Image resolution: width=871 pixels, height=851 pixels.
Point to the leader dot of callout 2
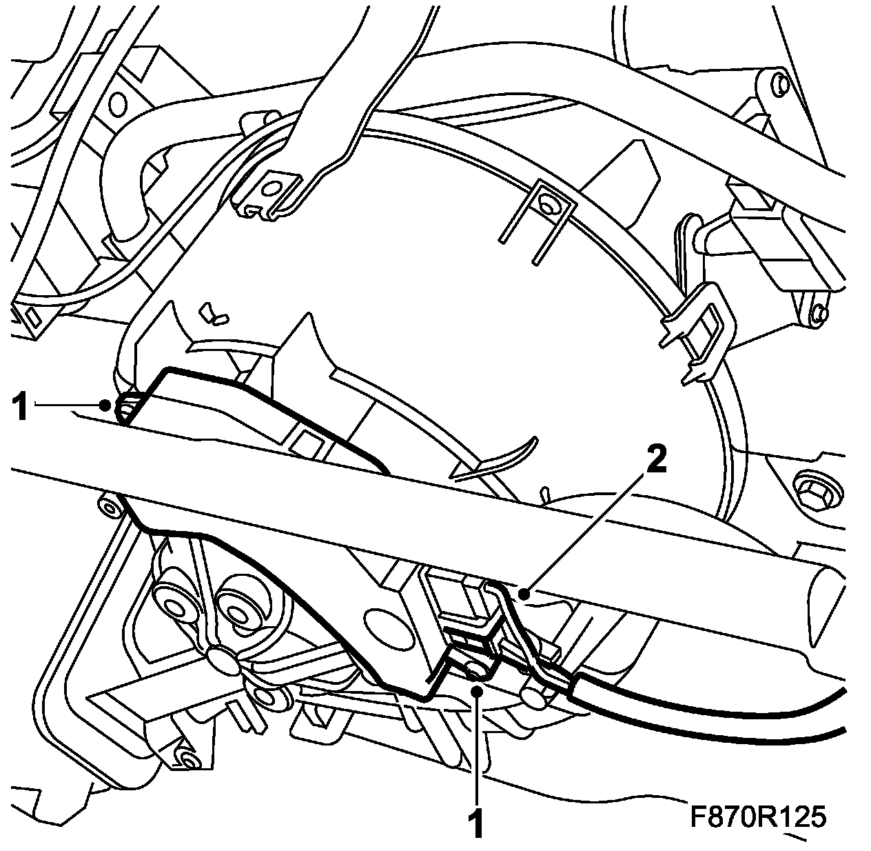pyautogui.click(x=525, y=592)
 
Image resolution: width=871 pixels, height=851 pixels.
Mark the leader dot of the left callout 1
pyautogui.click(x=105, y=405)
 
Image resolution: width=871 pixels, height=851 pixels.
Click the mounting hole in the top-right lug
pyautogui.click(x=780, y=85)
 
